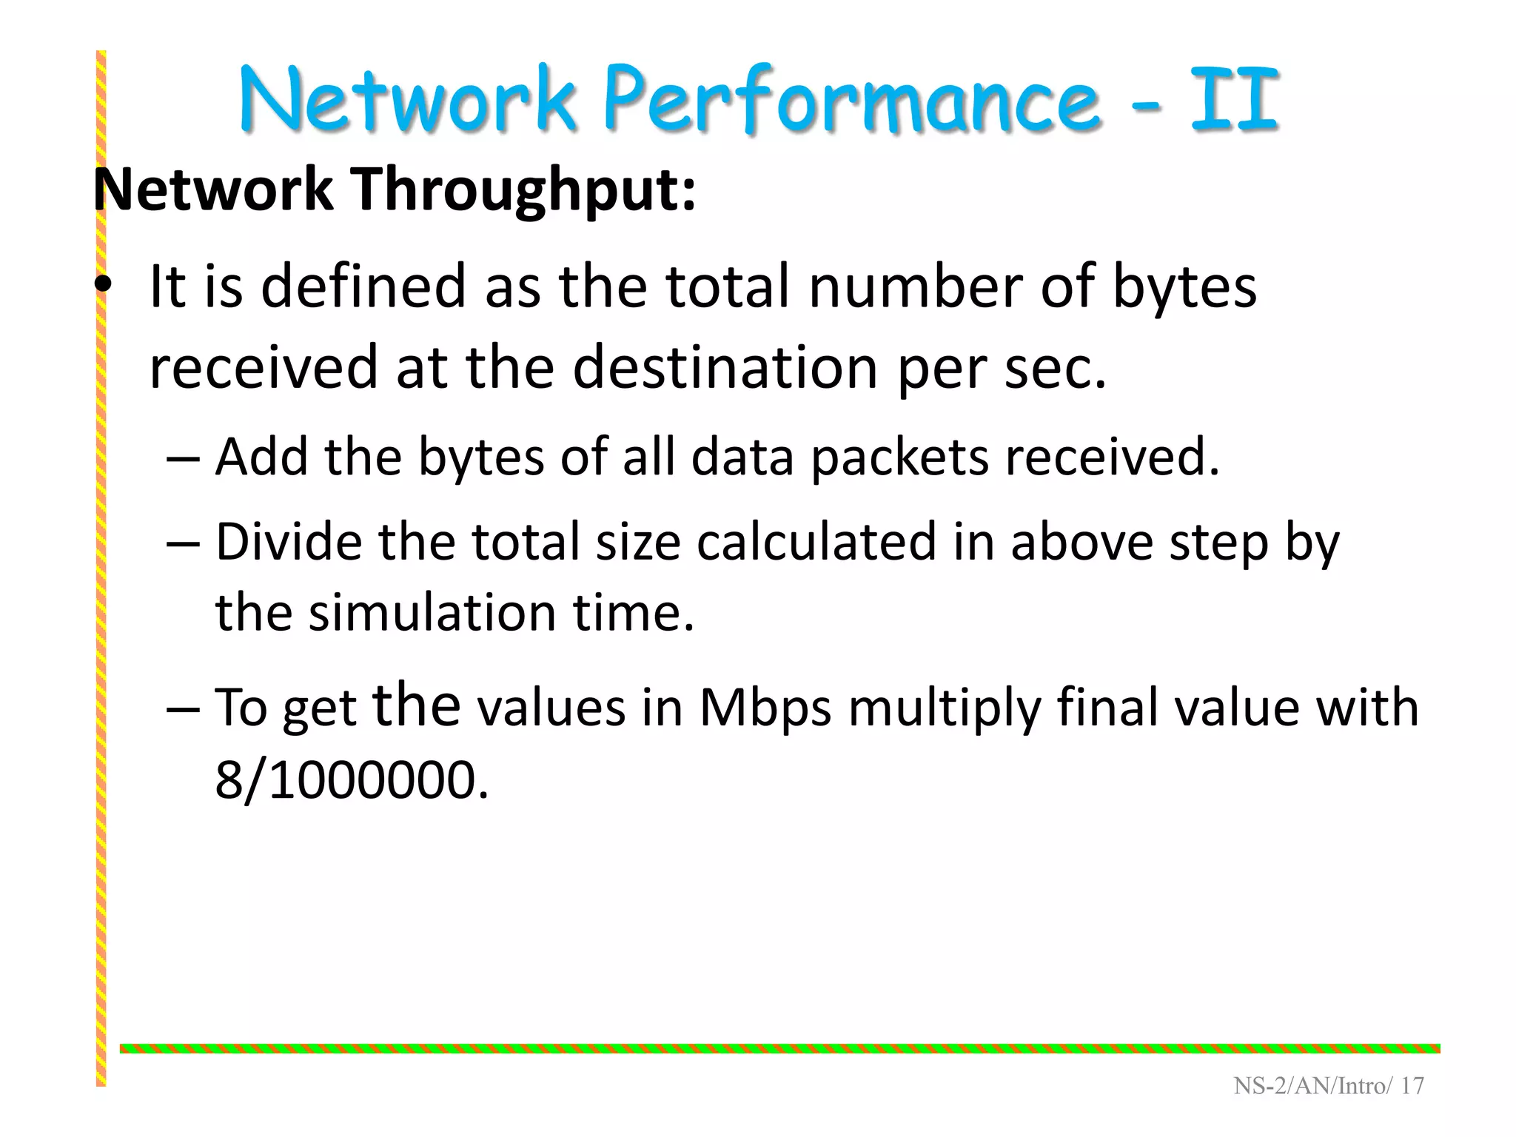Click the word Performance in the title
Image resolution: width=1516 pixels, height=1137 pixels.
(851, 100)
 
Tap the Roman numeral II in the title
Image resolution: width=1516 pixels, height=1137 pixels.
(1235, 100)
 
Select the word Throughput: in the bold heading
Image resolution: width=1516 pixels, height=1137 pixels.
(523, 189)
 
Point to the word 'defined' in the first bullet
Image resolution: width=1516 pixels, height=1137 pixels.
(363, 286)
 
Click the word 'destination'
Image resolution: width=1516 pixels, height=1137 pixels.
(725, 367)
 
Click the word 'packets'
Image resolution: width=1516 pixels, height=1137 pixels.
(899, 457)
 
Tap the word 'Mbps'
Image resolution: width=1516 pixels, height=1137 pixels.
(765, 708)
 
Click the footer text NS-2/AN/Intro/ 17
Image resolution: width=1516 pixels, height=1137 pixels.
(1329, 1086)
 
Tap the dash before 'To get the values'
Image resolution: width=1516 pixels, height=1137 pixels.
(183, 708)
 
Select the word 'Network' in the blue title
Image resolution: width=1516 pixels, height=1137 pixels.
(407, 100)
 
